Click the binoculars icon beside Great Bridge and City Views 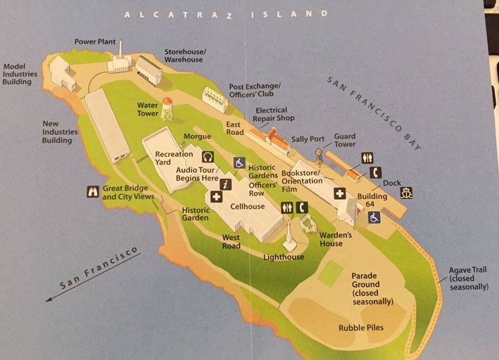click(x=92, y=191)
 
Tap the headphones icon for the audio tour click(x=208, y=156)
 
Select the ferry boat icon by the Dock click(x=406, y=191)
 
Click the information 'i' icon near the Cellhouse click(x=225, y=184)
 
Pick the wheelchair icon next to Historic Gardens click(x=239, y=162)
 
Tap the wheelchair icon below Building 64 click(x=374, y=217)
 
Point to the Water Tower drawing click(x=167, y=110)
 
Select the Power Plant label click(x=95, y=41)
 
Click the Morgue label click(x=197, y=136)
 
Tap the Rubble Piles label click(x=361, y=328)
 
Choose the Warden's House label click(x=331, y=239)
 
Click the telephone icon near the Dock click(x=376, y=172)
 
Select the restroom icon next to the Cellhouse click(x=286, y=207)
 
